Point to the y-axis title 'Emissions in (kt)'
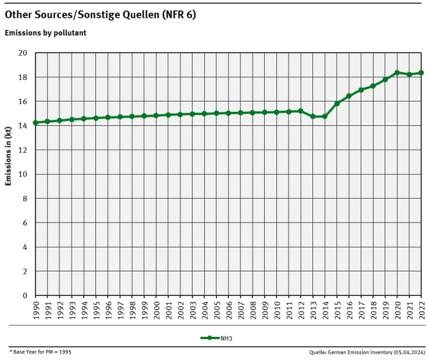click(x=9, y=155)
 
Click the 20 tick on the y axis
click(x=23, y=53)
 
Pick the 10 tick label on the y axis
click(x=23, y=174)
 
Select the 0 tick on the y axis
click(x=25, y=296)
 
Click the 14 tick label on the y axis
click(x=23, y=126)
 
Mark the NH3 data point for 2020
click(x=397, y=73)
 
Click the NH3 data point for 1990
click(x=35, y=123)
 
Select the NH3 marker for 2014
click(x=325, y=117)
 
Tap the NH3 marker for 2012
click(x=301, y=111)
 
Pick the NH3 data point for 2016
click(x=349, y=96)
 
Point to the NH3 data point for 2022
click(x=421, y=73)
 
